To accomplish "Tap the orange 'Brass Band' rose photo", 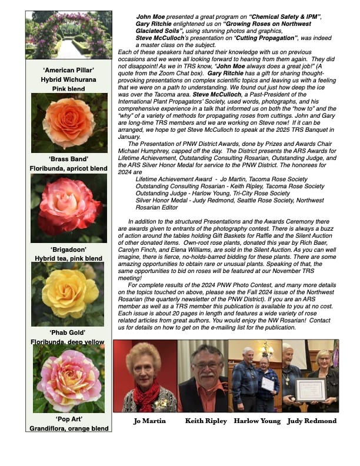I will [x=69, y=122].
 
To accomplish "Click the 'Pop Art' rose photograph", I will [x=69, y=379].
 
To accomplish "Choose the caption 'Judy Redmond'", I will [x=312, y=421].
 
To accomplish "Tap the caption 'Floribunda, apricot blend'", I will [x=69, y=168].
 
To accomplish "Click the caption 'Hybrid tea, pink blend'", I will [x=68, y=258].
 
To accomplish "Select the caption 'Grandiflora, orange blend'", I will [x=69, y=429].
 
